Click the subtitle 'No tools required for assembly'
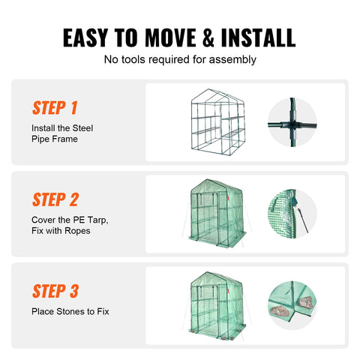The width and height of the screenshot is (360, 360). coord(179,59)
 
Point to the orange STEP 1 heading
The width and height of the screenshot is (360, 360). coord(55,107)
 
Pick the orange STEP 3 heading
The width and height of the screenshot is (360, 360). coord(55,290)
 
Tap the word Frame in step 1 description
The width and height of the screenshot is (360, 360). coord(65,139)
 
